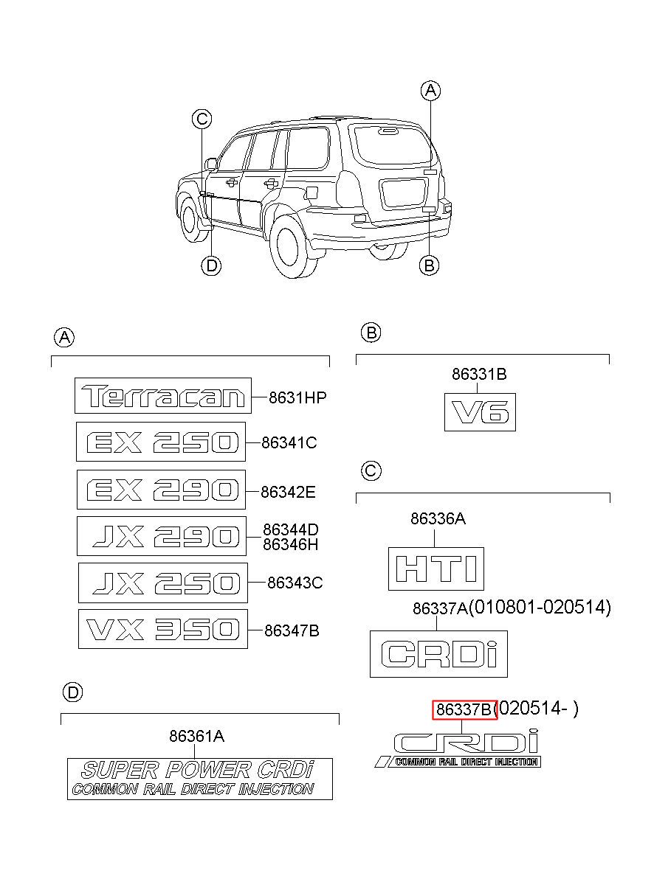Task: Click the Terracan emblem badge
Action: [x=163, y=395]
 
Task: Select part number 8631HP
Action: [x=297, y=397]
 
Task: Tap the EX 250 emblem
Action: [x=161, y=442]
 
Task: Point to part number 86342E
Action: [x=288, y=492]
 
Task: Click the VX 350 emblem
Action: [x=163, y=629]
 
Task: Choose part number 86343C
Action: [x=295, y=583]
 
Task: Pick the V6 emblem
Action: [x=480, y=411]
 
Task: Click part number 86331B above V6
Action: [x=479, y=374]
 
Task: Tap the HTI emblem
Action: [x=436, y=569]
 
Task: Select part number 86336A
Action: [x=438, y=518]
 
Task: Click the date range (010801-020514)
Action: [x=540, y=607]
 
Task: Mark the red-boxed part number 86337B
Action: [x=465, y=709]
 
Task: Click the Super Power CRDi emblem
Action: [x=200, y=779]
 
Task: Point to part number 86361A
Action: [x=197, y=736]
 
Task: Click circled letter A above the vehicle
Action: [x=431, y=91]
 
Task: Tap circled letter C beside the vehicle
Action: [x=202, y=119]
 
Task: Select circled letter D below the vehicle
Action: [x=212, y=265]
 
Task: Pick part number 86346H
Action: [x=291, y=544]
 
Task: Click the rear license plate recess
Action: [x=404, y=193]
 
